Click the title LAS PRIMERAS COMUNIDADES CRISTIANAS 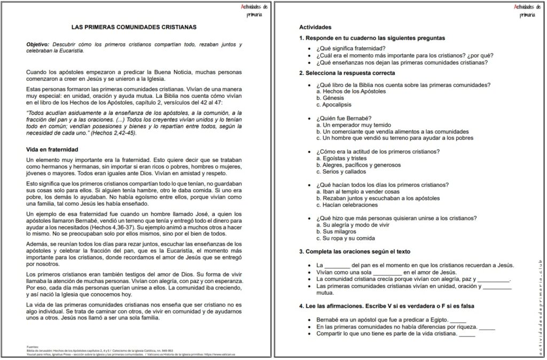(134, 26)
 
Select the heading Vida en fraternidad (52, 150)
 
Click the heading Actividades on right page (315, 27)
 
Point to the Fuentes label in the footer (33, 346)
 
